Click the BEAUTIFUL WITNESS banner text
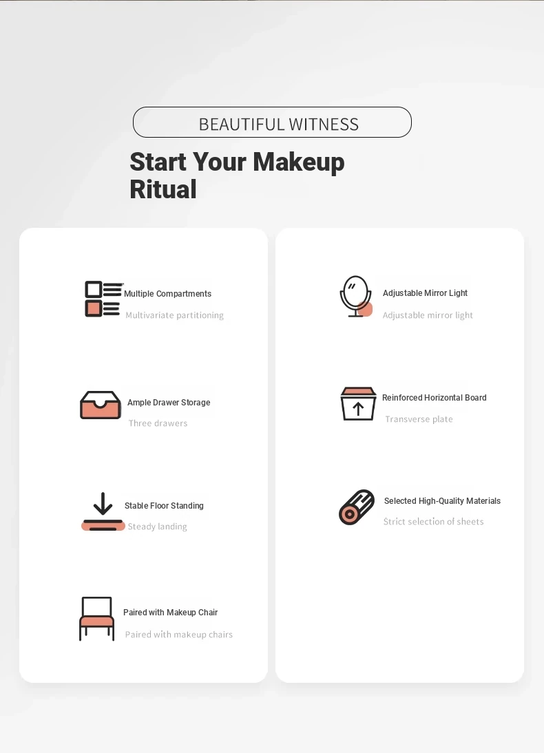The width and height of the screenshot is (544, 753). click(x=279, y=125)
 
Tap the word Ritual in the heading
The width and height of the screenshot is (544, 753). click(x=163, y=189)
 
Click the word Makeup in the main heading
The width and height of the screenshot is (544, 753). click(x=298, y=162)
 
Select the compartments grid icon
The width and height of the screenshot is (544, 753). click(x=103, y=299)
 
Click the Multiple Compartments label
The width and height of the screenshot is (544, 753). click(x=168, y=293)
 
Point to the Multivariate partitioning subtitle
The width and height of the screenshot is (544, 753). click(x=174, y=315)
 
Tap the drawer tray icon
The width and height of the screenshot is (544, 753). click(x=101, y=405)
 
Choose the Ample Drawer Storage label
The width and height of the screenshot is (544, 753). click(x=169, y=403)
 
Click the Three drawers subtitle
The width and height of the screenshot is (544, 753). click(x=158, y=423)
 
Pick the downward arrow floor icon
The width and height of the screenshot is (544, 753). click(x=103, y=512)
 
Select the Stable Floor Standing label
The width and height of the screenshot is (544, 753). click(x=164, y=506)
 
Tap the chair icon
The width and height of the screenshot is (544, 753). click(x=96, y=619)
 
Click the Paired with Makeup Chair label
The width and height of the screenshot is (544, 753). click(x=170, y=613)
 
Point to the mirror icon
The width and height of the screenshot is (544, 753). click(x=356, y=296)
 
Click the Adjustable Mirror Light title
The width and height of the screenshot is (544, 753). click(x=425, y=293)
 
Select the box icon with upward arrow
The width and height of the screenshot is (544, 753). click(x=358, y=404)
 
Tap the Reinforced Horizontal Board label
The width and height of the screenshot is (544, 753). click(x=434, y=398)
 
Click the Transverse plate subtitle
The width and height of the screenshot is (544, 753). click(x=419, y=419)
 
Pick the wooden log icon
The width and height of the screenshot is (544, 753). click(x=357, y=507)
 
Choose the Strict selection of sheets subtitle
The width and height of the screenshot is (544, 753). click(x=433, y=522)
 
